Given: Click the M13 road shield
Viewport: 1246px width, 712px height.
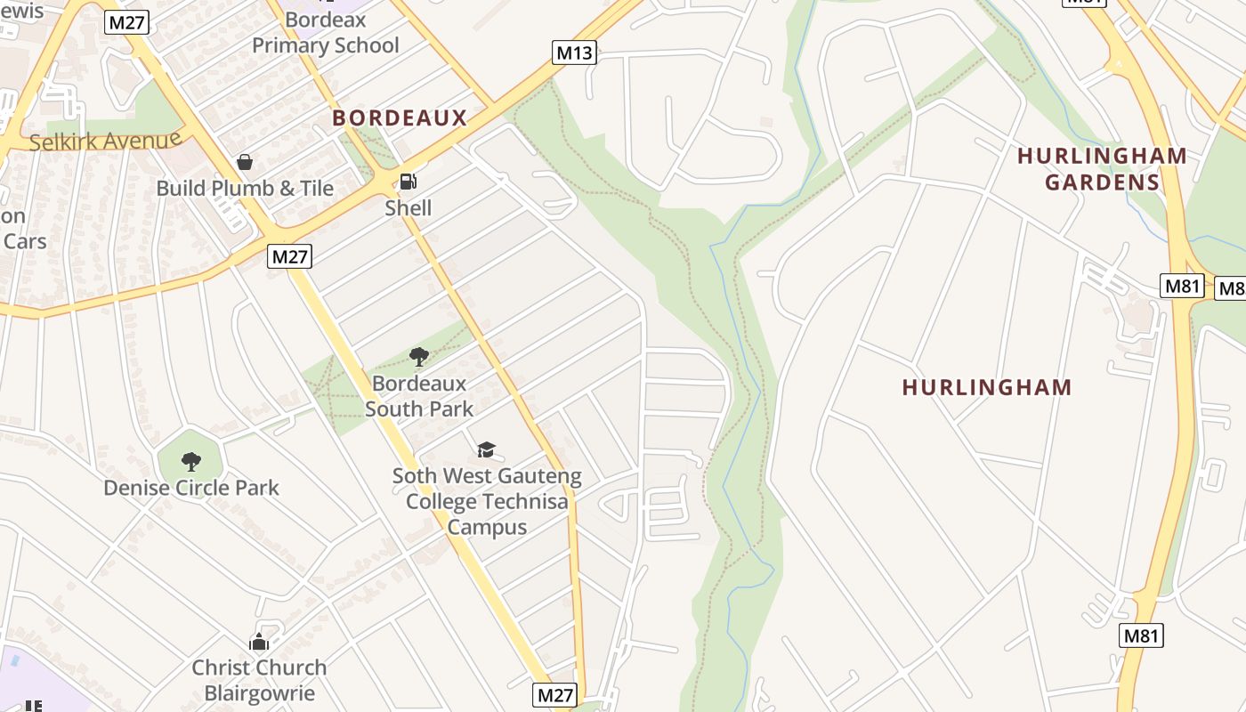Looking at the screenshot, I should tap(574, 53).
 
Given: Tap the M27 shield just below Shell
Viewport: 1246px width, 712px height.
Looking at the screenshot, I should tap(289, 257).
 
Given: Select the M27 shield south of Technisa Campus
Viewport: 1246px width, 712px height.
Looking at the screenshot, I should tap(554, 694).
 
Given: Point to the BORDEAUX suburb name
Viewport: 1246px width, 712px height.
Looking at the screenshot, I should tap(400, 117).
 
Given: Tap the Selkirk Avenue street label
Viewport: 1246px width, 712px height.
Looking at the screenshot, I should tap(105, 141).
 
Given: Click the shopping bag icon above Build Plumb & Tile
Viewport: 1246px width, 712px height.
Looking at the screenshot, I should tap(245, 162).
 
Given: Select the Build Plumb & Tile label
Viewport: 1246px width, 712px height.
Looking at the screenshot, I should tap(245, 189).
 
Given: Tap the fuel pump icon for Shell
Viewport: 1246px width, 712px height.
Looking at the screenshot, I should tap(408, 182).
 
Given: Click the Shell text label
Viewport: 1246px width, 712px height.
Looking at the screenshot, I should tap(408, 208).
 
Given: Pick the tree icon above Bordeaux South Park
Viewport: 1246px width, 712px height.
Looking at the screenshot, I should tap(418, 357).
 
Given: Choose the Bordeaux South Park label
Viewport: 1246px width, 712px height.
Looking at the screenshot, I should tap(418, 396).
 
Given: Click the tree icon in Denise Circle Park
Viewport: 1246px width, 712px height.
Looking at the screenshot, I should tap(190, 461).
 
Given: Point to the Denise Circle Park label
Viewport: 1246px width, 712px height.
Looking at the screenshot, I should tap(190, 488).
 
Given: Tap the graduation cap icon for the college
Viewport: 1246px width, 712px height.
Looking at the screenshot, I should tap(486, 449).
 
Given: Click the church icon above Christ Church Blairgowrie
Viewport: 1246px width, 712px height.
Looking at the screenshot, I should tap(259, 641).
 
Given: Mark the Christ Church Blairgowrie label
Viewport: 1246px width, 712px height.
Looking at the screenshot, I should tap(259, 680).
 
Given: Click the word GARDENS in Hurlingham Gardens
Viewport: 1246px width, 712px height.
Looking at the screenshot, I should tap(1102, 182).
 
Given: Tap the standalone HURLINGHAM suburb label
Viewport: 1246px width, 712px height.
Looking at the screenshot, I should tap(987, 387).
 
